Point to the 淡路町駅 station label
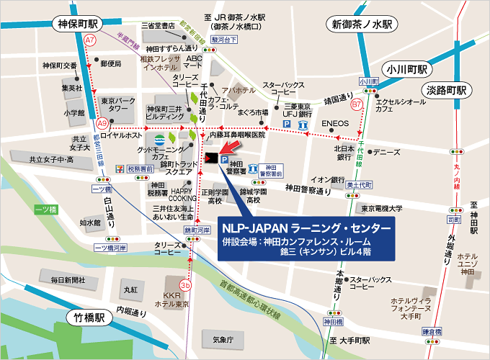(445, 91)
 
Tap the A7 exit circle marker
(90, 41)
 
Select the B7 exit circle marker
(356, 105)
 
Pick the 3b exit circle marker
(186, 285)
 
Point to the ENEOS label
(335, 123)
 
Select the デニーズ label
(386, 153)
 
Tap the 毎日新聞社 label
(63, 279)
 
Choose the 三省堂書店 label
(159, 26)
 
